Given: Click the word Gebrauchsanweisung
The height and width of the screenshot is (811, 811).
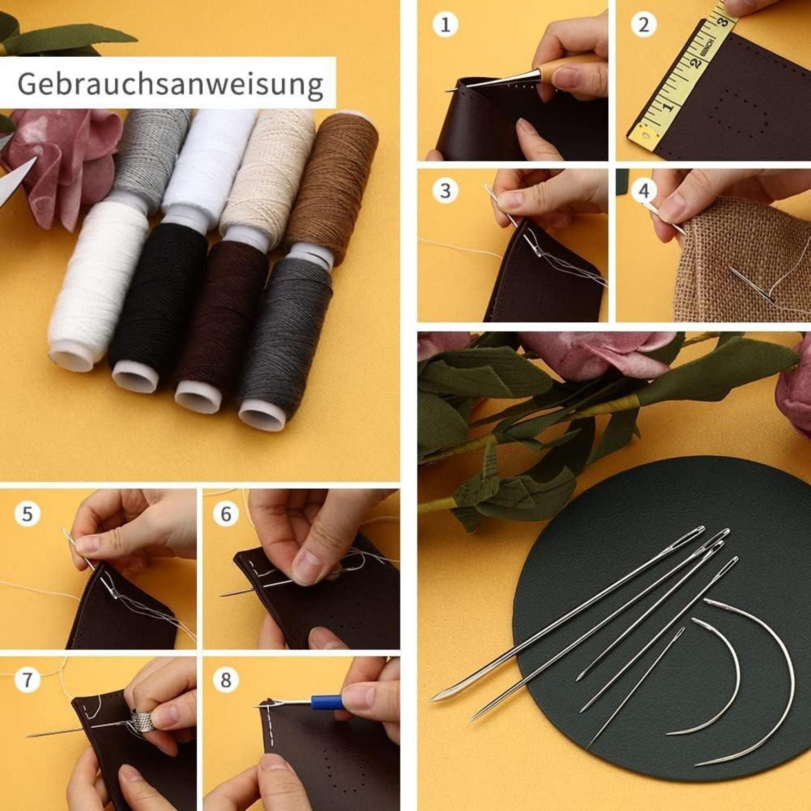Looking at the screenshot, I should [170, 84].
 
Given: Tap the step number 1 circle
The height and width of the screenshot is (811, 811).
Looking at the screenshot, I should [446, 24].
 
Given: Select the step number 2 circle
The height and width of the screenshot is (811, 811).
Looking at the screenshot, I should [643, 24].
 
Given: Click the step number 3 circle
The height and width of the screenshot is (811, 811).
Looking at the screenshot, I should [446, 190].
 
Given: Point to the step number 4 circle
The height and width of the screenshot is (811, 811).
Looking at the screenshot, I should [643, 190].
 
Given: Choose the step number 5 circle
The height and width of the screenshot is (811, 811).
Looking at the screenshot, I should [27, 514].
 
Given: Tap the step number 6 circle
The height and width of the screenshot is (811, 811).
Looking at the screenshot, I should [225, 514].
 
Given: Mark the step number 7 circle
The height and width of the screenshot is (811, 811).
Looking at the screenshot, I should [27, 680].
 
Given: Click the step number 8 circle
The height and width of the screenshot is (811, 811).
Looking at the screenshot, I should [225, 680].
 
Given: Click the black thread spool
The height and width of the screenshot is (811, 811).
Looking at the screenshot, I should [157, 303].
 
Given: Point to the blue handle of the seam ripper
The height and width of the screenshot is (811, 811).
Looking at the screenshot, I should [327, 702].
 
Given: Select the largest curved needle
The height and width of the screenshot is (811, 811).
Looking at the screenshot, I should [779, 676].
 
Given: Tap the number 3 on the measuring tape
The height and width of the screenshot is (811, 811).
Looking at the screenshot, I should [723, 21].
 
